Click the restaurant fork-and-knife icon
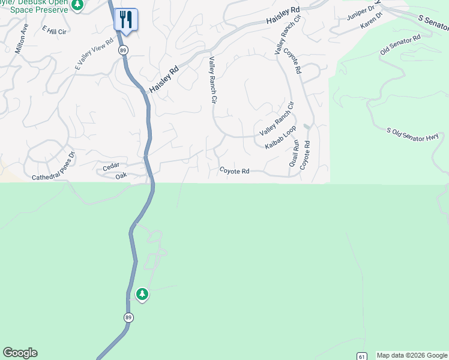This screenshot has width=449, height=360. tap(126, 19)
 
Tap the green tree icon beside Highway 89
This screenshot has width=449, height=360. tap(142, 294)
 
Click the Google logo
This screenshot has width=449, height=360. tap(20, 353)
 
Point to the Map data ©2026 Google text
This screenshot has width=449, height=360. tap(412, 355)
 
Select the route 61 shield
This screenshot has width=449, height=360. tap(361, 356)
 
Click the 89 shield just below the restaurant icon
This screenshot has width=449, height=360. tap(122, 49)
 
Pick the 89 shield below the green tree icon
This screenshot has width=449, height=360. tap(128, 317)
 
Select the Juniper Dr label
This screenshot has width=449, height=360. tap(360, 13)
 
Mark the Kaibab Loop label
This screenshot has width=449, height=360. tap(281, 137)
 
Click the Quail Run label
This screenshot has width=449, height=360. tap(294, 155)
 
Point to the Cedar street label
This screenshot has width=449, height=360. tap(111, 166)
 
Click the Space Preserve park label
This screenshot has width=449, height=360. tap(40, 10)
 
